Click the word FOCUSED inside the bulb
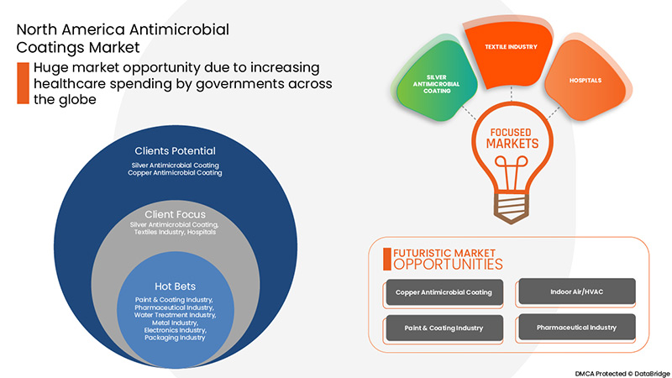(x=510, y=133)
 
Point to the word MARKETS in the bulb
(x=510, y=145)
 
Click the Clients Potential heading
(x=175, y=150)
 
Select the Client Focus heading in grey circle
(x=175, y=213)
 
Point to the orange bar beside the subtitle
(x=23, y=83)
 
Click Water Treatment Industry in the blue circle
(x=174, y=315)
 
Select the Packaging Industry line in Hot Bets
(x=174, y=338)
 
